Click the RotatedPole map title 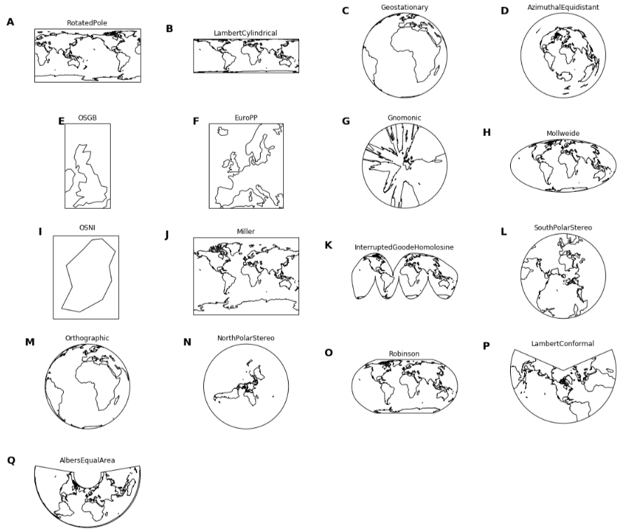(87, 23)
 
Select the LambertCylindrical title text (245, 33)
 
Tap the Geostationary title (404, 8)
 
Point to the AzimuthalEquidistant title (563, 7)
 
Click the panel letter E (62, 121)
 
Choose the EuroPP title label (246, 118)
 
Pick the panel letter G (345, 121)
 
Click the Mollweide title (563, 133)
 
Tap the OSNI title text (86, 228)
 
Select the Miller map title (246, 231)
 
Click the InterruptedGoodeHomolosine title (404, 247)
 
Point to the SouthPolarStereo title (563, 228)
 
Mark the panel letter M (29, 342)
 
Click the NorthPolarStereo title (246, 338)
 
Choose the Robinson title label (404, 354)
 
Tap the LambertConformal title (563, 343)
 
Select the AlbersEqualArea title (87, 460)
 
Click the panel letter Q (11, 460)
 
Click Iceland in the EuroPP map (224, 131)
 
